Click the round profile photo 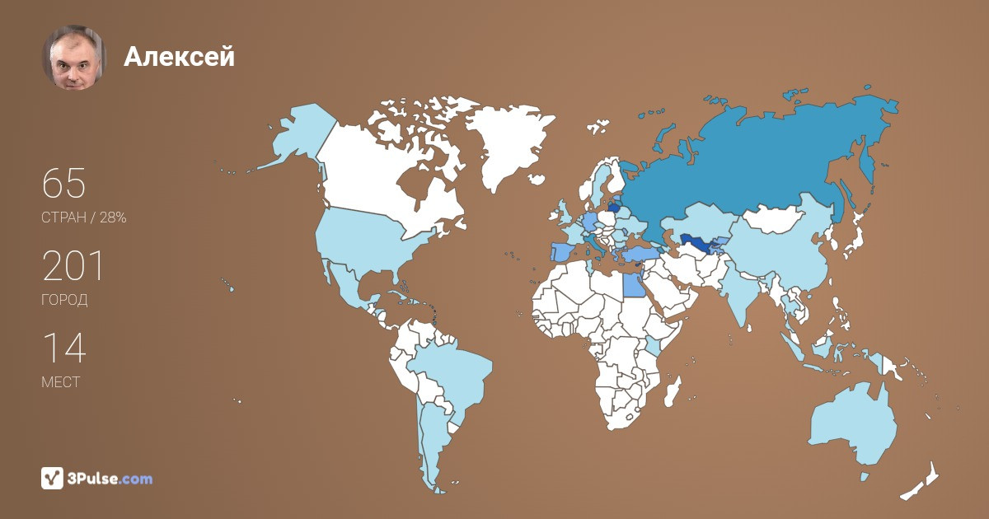pyautogui.click(x=74, y=57)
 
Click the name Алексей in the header pyautogui.click(x=179, y=56)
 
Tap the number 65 pyautogui.click(x=64, y=183)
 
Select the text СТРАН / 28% pyautogui.click(x=83, y=217)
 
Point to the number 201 pyautogui.click(x=73, y=266)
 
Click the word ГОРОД pyautogui.click(x=64, y=300)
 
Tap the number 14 pyautogui.click(x=63, y=348)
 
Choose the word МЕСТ pyautogui.click(x=60, y=382)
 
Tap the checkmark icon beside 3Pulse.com pyautogui.click(x=52, y=478)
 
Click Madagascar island pyautogui.click(x=673, y=391)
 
